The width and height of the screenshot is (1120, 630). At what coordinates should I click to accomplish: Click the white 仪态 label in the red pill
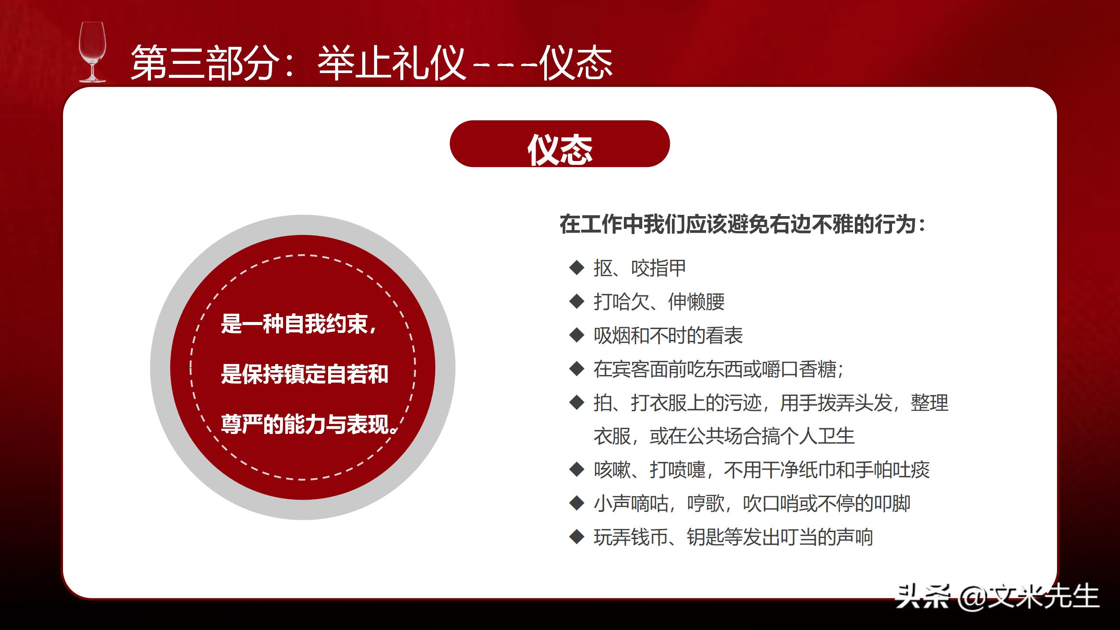click(560, 150)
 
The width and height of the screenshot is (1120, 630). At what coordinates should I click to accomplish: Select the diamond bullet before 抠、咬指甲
click(577, 268)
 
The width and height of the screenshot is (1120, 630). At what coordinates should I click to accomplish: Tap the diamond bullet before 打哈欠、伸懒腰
click(577, 301)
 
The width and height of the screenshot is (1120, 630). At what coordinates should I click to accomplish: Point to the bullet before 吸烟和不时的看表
click(577, 335)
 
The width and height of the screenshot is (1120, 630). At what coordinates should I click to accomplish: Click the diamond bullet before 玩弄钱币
click(577, 537)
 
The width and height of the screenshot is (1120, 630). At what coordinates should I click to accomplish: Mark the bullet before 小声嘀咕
click(577, 503)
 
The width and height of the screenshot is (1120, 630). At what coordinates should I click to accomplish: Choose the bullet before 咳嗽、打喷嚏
click(577, 469)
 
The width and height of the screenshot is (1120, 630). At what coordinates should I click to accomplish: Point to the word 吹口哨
click(771, 504)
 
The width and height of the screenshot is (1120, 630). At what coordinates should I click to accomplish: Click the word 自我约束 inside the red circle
click(326, 324)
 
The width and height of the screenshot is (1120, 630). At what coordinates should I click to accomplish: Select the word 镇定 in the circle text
click(304, 374)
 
